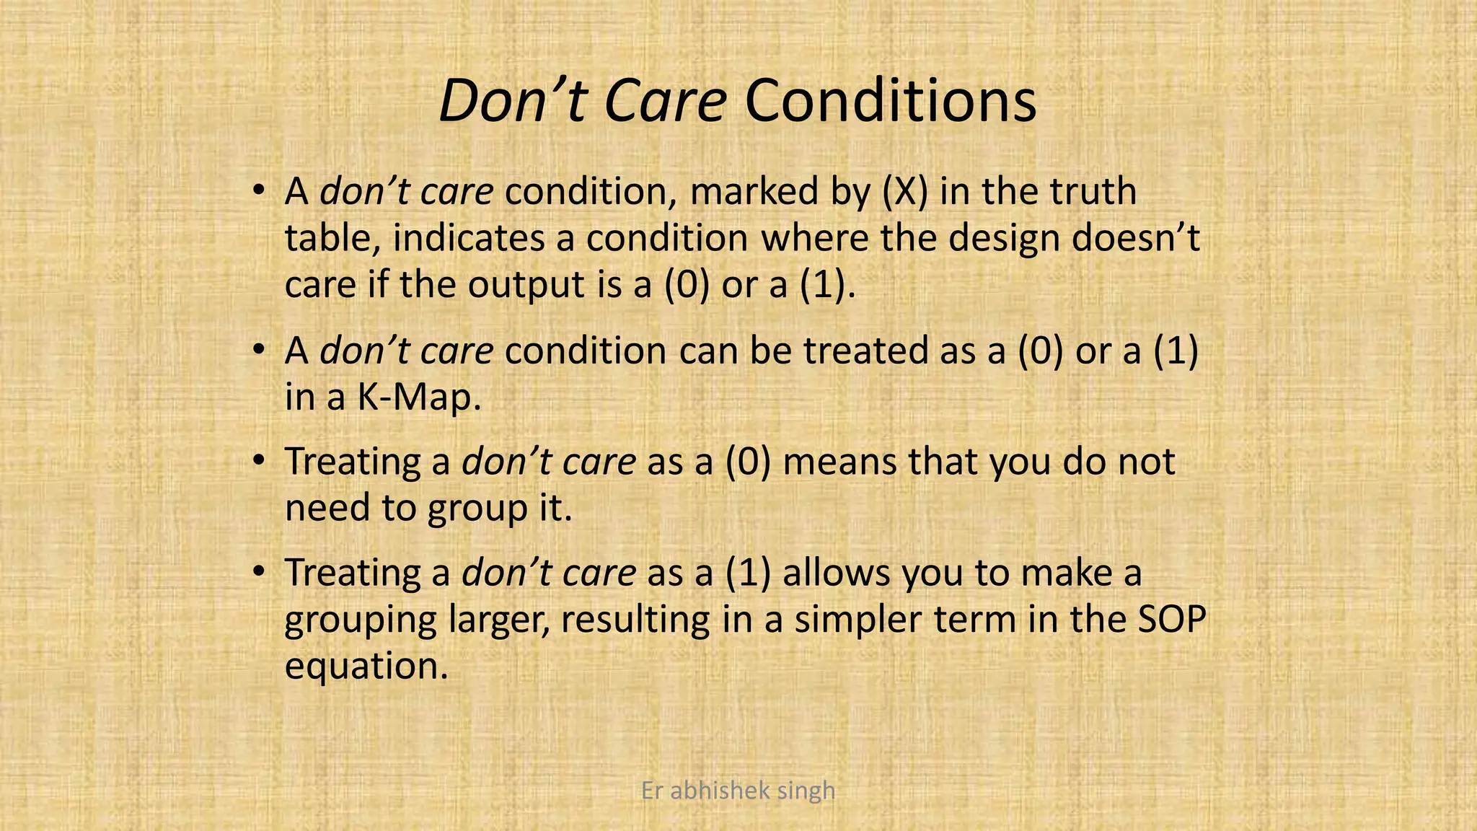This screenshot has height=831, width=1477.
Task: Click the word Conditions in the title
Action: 890,101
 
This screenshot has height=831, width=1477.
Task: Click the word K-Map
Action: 419,397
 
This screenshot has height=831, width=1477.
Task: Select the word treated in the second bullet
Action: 866,351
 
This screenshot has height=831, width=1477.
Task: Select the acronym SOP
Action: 1171,620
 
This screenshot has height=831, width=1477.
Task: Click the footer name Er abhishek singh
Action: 738,791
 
